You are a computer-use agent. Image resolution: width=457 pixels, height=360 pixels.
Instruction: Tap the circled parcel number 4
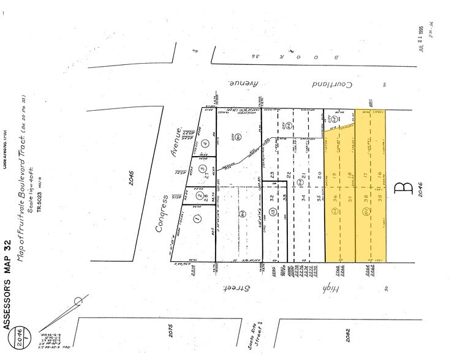pos(205,144)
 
